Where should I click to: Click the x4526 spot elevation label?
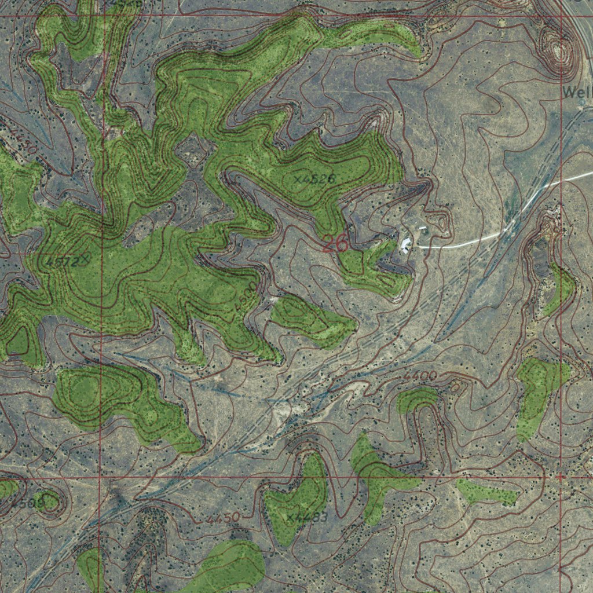pos(314,179)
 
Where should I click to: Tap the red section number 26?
pos(335,244)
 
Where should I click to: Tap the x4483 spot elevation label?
pos(308,517)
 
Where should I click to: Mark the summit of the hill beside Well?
pos(559,51)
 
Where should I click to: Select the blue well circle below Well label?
pos(583,103)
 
